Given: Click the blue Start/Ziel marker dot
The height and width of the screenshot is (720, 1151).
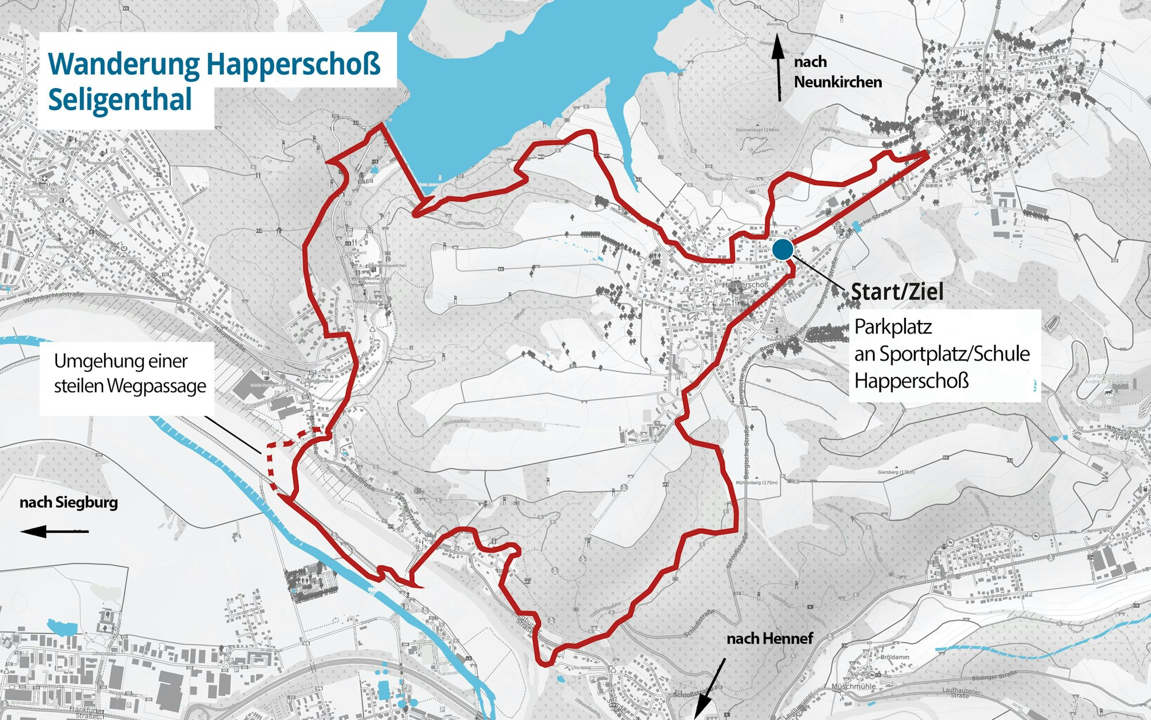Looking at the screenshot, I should pyautogui.click(x=783, y=249).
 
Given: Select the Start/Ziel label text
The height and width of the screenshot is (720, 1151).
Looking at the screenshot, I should pyautogui.click(x=897, y=292).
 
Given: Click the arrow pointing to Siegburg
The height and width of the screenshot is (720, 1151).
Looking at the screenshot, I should pyautogui.click(x=54, y=531).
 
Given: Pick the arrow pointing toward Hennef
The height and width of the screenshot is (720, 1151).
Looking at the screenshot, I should pyautogui.click(x=709, y=689).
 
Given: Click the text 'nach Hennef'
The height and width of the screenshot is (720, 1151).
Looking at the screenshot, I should pyautogui.click(x=769, y=638).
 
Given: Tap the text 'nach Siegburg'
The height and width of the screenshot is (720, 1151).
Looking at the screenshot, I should pyautogui.click(x=68, y=502).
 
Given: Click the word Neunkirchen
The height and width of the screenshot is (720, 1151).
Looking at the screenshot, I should pyautogui.click(x=837, y=82).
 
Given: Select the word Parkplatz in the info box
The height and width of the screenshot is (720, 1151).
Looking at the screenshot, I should pyautogui.click(x=893, y=327).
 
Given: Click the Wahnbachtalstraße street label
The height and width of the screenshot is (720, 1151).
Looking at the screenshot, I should pyautogui.click(x=53, y=297).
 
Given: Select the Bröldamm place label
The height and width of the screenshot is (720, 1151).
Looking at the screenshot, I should pyautogui.click(x=895, y=657).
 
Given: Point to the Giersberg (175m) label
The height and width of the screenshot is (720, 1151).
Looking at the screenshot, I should pyautogui.click(x=896, y=472).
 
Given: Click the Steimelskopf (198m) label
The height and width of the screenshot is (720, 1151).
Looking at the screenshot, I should pyautogui.click(x=757, y=130).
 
